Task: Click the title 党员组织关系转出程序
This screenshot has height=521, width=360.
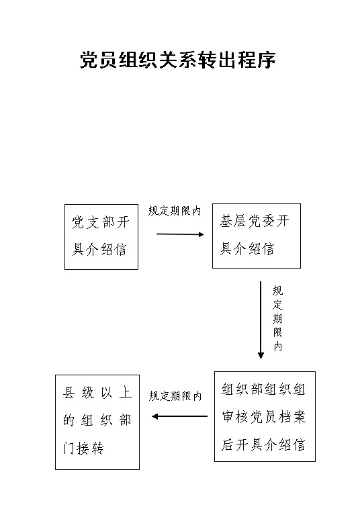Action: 177,60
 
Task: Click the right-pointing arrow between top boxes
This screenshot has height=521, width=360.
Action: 180,234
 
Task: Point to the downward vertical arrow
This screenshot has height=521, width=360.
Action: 261,320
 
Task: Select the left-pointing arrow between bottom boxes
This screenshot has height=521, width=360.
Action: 179,416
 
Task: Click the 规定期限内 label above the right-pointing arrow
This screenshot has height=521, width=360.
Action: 175,211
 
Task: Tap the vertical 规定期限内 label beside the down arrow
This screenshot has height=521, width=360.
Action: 277,318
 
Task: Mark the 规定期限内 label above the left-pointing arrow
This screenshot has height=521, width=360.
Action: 175,395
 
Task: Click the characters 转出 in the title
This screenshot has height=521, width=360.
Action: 207,60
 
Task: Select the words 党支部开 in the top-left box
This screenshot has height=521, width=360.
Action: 100,222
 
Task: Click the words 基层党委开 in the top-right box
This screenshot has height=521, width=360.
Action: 255,221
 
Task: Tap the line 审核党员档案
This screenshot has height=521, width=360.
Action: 263,417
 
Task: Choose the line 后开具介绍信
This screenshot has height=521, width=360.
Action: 263,444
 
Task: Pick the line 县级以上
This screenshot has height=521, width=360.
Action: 97,393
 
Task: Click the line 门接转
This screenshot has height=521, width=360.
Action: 83,448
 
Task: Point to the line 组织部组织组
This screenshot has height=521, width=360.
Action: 263,389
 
